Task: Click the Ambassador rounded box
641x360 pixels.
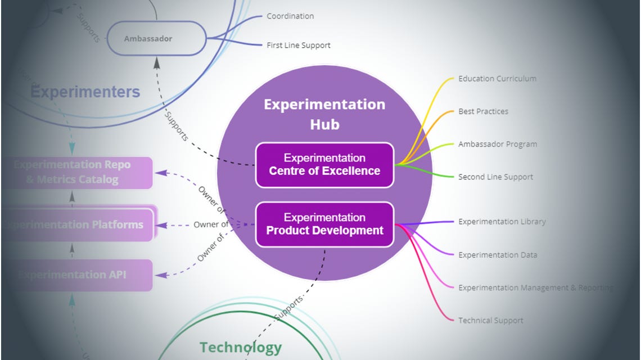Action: tap(156, 39)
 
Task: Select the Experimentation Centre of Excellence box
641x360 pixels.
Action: tap(324, 165)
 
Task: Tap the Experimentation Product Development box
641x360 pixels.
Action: tap(324, 224)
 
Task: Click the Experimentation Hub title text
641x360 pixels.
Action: tap(324, 114)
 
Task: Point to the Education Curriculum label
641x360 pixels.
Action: tap(497, 79)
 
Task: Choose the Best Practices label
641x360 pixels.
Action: tap(483, 111)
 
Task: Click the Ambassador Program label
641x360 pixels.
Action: tap(497, 144)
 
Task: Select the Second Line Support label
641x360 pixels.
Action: tap(495, 177)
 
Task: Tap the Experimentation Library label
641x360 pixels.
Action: tap(502, 222)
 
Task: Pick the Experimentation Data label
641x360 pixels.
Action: tap(497, 255)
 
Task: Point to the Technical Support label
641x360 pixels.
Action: tap(490, 321)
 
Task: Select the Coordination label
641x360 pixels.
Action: tap(290, 16)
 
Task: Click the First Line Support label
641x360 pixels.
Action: tap(299, 46)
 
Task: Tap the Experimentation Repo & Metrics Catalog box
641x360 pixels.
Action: tap(78, 173)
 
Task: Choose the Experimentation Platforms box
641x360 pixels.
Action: tap(78, 225)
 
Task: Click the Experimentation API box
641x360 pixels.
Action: tap(78, 275)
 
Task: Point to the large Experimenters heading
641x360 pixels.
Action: tap(85, 92)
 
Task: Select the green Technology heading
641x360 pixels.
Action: tap(241, 348)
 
